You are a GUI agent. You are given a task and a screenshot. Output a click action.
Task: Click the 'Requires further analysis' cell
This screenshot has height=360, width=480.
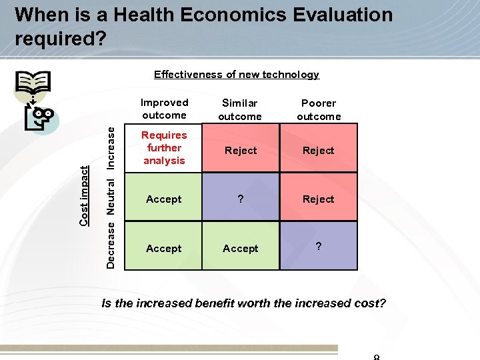(x=164, y=148)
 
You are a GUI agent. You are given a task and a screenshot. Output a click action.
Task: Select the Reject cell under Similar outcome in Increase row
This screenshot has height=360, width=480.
(x=241, y=151)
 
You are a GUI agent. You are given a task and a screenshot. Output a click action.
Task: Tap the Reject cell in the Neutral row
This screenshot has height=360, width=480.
(x=318, y=199)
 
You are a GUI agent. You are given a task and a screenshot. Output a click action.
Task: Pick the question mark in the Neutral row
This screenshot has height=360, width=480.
(x=241, y=199)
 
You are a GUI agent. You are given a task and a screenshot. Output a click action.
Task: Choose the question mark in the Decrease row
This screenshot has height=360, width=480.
(x=319, y=247)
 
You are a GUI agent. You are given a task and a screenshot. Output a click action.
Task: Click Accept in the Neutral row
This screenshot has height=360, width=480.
(x=164, y=199)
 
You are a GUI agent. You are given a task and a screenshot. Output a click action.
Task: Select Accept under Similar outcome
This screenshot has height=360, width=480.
(x=241, y=249)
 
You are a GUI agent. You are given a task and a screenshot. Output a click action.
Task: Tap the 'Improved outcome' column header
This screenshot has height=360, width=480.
(x=164, y=109)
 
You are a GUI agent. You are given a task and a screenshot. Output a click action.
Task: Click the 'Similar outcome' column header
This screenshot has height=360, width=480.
(x=240, y=109)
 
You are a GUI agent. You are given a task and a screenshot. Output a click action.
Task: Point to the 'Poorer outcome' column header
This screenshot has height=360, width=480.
(x=319, y=109)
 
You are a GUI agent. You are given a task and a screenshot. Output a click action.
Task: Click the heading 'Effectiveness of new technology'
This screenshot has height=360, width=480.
(x=237, y=75)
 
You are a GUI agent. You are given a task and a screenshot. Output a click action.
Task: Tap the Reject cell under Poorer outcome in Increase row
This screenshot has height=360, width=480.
(x=318, y=151)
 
